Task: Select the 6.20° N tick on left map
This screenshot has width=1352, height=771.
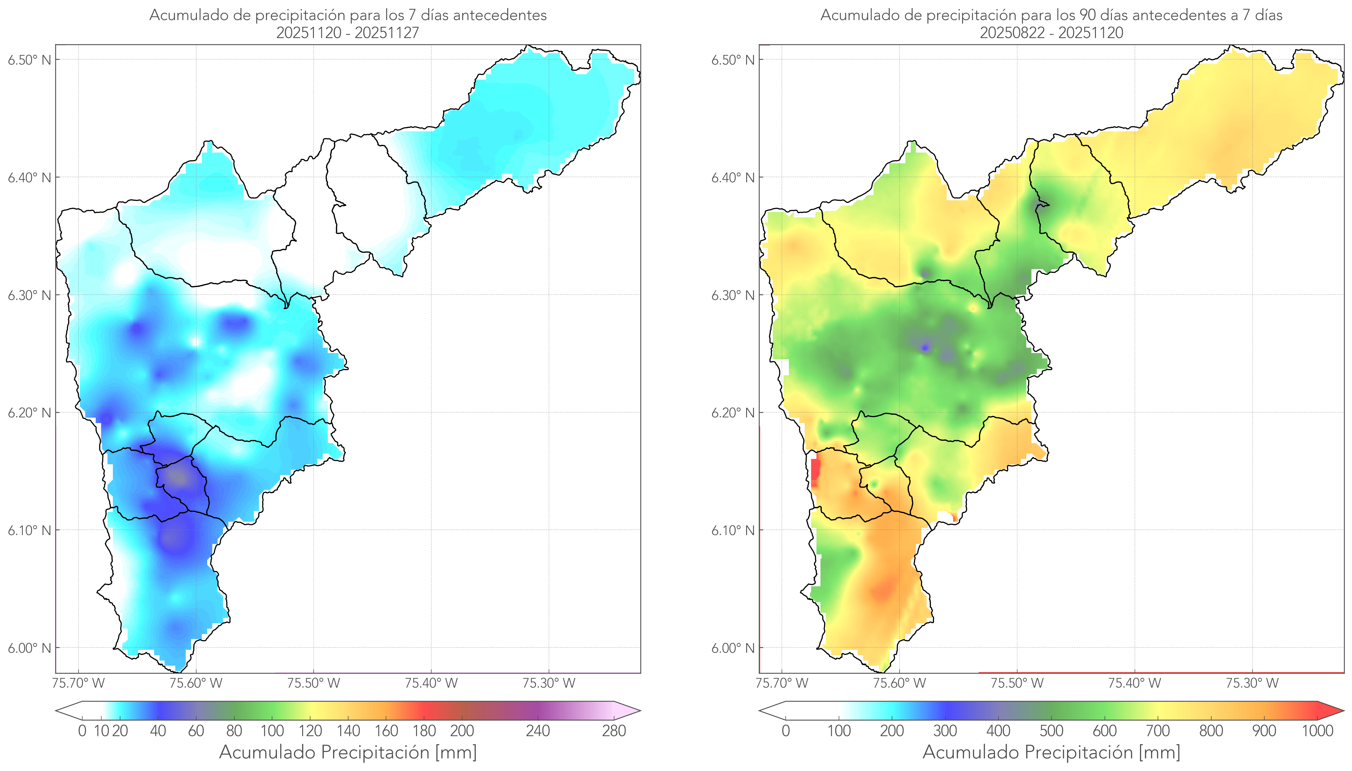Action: (x=29, y=413)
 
